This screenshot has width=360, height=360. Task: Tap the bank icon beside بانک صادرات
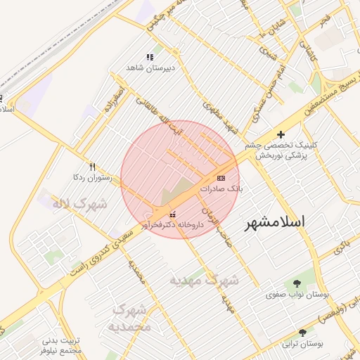pos(222,177)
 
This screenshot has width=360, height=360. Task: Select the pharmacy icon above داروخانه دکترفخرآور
pos(172,214)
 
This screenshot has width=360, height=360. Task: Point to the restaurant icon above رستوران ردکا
pos(92,167)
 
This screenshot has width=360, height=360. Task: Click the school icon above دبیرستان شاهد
pos(149,57)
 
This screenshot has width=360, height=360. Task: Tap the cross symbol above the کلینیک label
pos(281,134)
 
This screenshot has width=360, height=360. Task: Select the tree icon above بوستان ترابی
pos(302,333)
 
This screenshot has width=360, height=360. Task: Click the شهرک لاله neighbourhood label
pos(79,205)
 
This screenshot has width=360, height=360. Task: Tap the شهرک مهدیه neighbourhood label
pos(204,280)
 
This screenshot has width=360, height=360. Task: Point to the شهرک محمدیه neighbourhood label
pos(131,317)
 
